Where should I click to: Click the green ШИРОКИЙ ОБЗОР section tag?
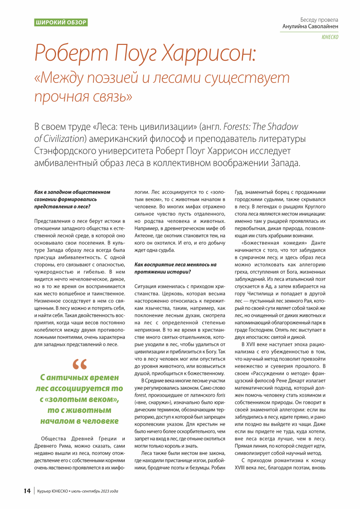click(61, 22)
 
